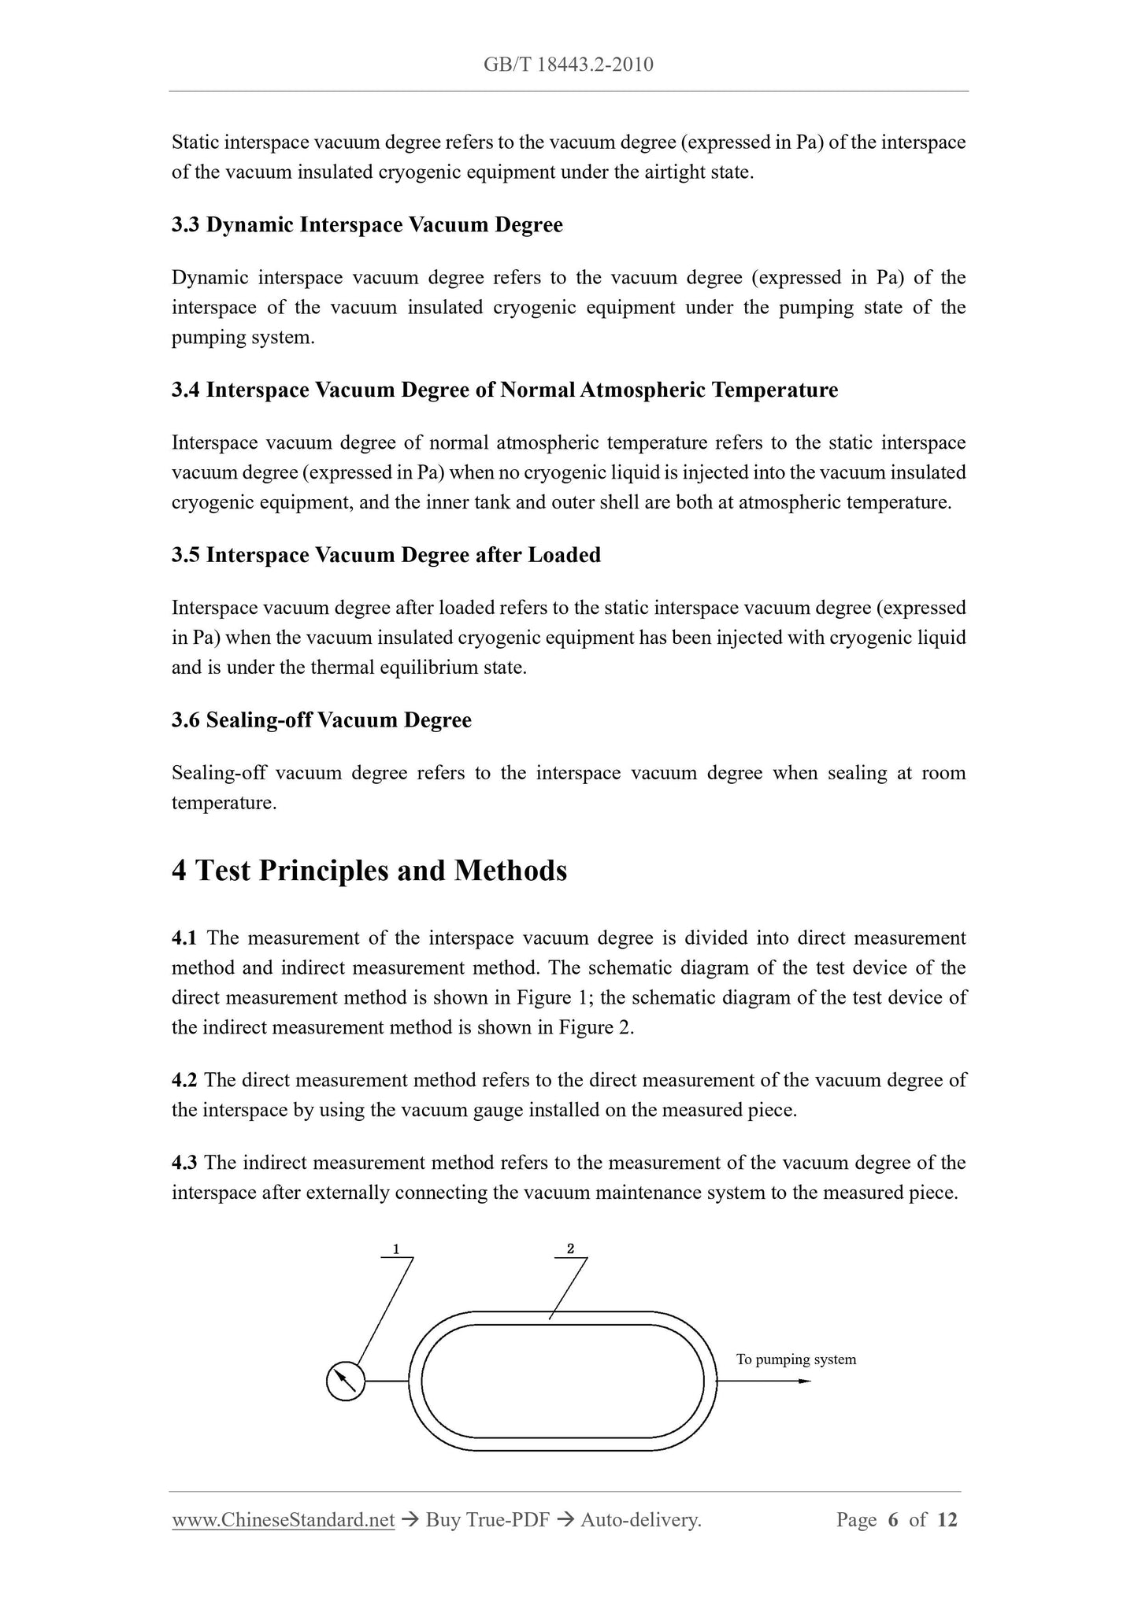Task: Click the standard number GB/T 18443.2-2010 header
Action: (x=568, y=65)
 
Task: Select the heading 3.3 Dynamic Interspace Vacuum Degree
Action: (x=367, y=225)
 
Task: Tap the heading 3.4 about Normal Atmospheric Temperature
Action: (x=505, y=390)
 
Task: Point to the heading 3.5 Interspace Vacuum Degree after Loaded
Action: (x=386, y=556)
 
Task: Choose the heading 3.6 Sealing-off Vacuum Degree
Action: (x=321, y=721)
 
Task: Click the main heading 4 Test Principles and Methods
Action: (x=369, y=871)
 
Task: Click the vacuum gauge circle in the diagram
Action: (x=345, y=1381)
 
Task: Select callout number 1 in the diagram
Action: (x=396, y=1248)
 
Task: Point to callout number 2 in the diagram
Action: (x=570, y=1248)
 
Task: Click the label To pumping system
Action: (x=795, y=1359)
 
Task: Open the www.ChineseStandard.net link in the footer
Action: (x=283, y=1520)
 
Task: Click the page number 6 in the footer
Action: (x=892, y=1520)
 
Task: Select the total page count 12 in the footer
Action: (x=947, y=1520)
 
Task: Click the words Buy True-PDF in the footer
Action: (x=487, y=1520)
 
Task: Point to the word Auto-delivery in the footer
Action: (x=639, y=1520)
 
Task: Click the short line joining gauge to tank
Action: (x=387, y=1382)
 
